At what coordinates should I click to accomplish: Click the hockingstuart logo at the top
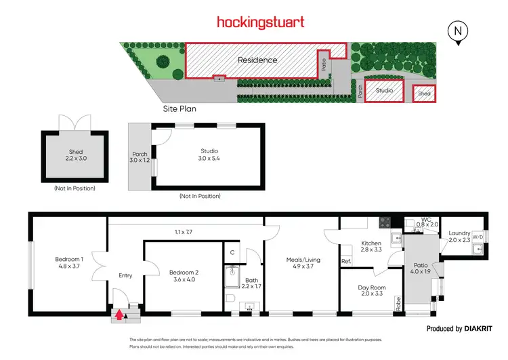point(260,22)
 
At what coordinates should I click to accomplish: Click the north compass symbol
point(459,31)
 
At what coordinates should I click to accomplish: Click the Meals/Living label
point(302,264)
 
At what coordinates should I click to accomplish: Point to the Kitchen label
point(371,246)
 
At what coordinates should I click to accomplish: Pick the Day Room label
point(372,291)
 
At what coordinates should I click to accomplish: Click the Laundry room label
point(459,237)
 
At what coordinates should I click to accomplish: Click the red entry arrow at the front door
point(120,314)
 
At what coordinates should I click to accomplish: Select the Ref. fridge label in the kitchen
point(346,261)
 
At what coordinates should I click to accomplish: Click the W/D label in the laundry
point(478,237)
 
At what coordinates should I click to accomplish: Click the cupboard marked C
point(232,252)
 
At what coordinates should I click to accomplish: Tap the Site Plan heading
point(179,108)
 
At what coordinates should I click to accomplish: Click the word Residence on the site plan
point(257,60)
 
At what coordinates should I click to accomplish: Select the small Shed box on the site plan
point(425,94)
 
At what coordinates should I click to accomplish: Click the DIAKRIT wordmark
point(482,329)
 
